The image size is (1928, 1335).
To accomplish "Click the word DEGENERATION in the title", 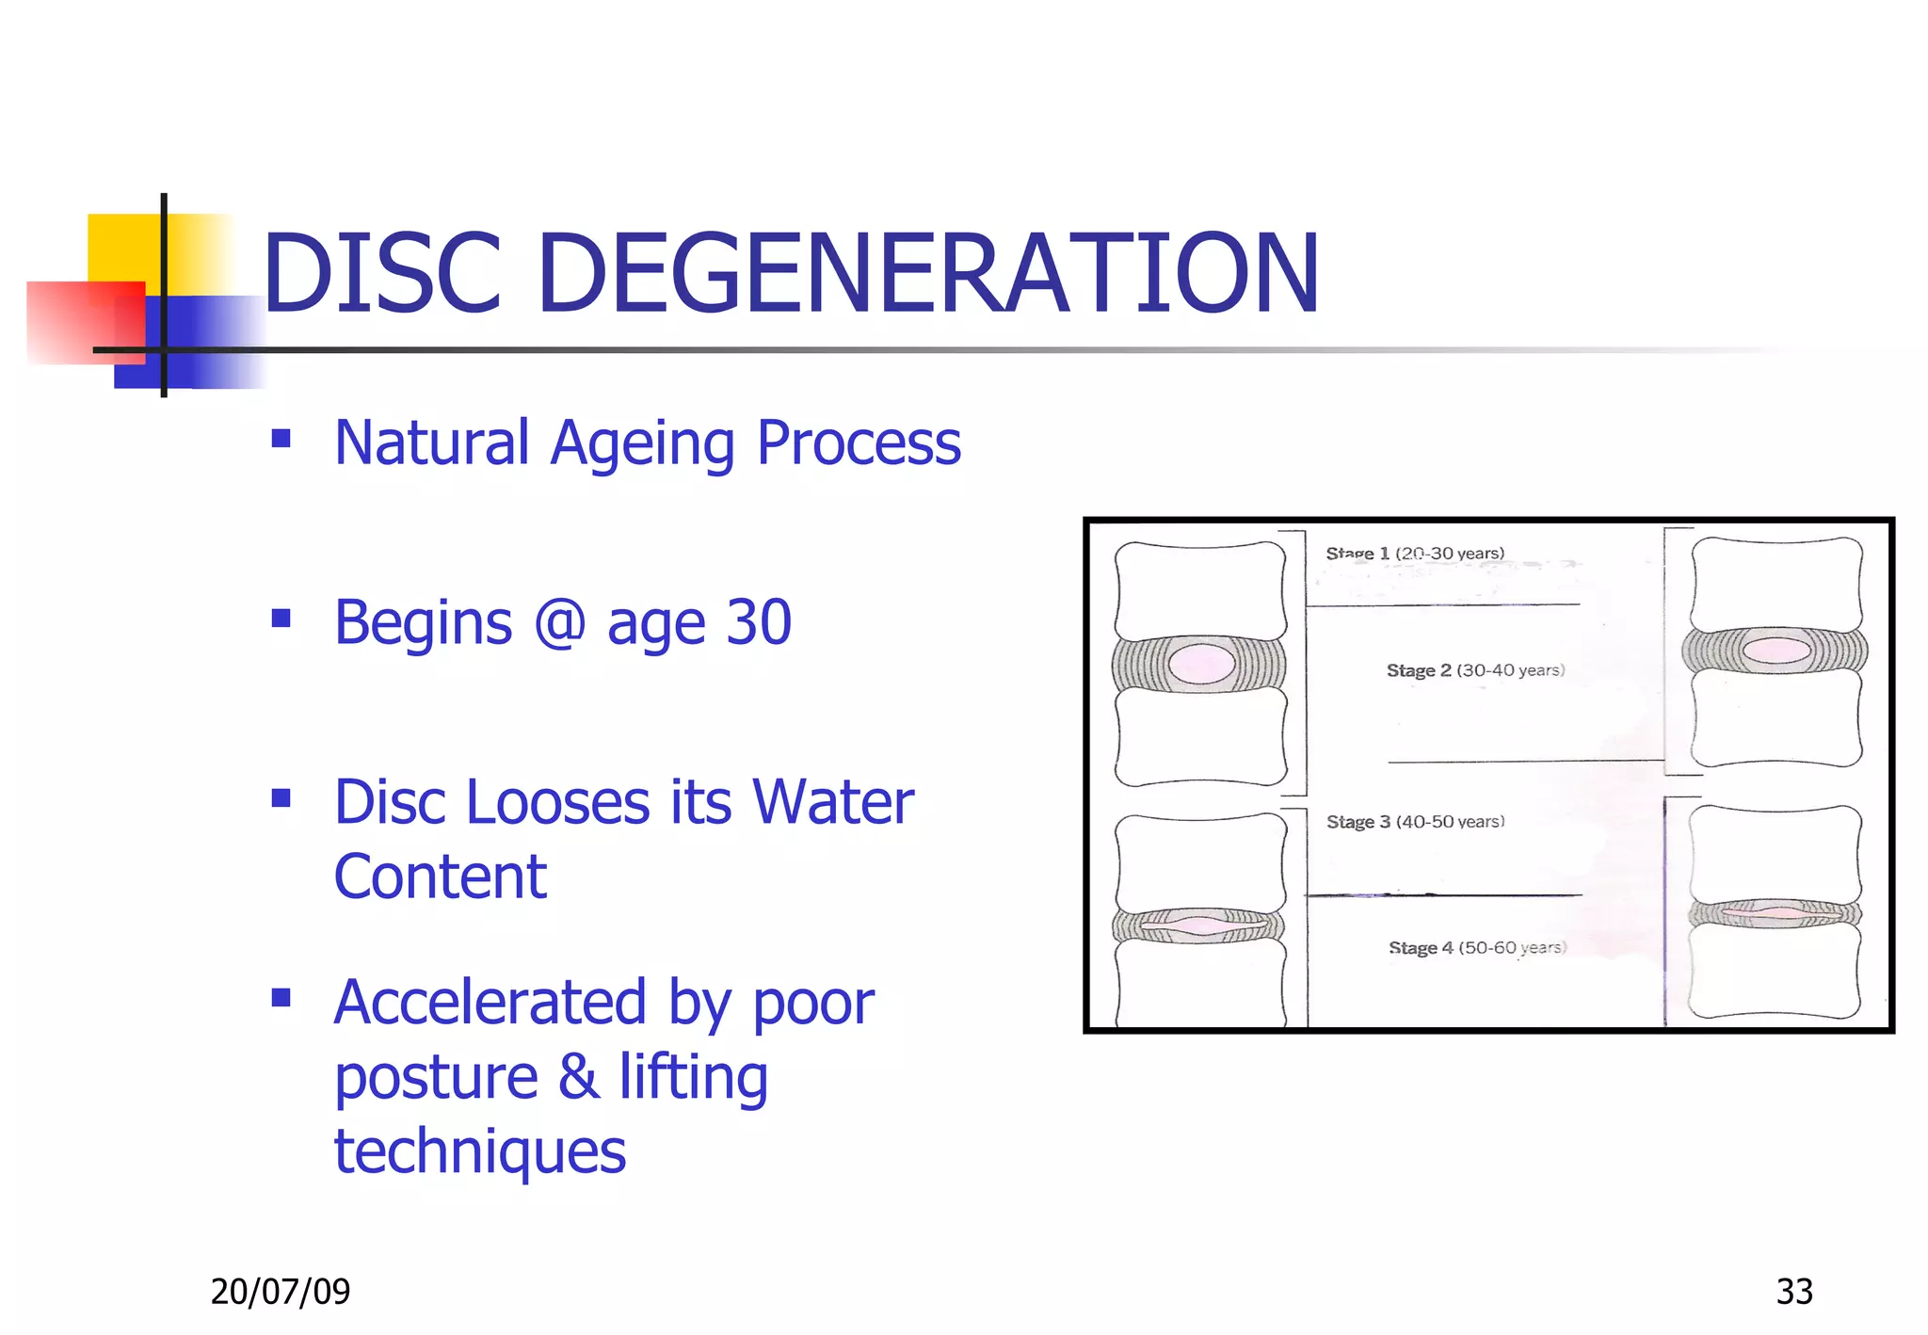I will [x=927, y=274].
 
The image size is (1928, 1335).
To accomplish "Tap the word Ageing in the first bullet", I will [x=642, y=443].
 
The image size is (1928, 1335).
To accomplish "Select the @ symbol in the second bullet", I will [x=560, y=622].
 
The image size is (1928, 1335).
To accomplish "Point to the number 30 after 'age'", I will [x=759, y=622].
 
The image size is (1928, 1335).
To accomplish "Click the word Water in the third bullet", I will [x=833, y=802].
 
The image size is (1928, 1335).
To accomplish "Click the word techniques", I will [x=480, y=1151].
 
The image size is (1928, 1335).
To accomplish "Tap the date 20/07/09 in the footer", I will [x=281, y=1292].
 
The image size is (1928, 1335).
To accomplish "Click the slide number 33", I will [x=1794, y=1292].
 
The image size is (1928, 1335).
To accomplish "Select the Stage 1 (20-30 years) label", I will [x=1415, y=554].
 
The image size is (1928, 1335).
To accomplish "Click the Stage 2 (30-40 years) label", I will [x=1475, y=670].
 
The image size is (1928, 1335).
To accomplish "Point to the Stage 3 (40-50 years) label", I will [x=1415, y=822].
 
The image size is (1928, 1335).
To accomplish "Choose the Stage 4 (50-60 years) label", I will [x=1477, y=948].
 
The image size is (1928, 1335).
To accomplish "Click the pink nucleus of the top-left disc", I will [x=1202, y=664].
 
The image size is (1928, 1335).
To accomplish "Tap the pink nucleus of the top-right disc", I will [x=1775, y=650].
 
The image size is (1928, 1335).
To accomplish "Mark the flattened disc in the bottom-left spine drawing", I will [x=1198, y=926].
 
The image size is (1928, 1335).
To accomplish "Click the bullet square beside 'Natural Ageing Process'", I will [x=281, y=438].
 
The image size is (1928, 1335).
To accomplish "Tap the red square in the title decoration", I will [x=85, y=322].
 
